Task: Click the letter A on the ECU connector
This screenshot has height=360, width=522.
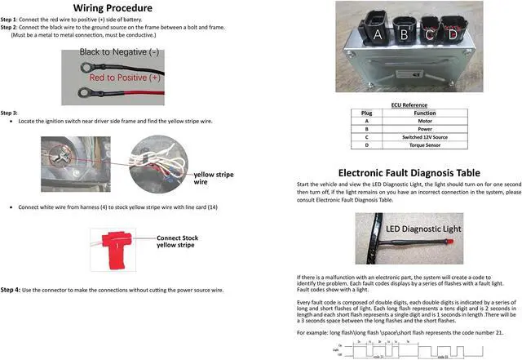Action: coord(378,35)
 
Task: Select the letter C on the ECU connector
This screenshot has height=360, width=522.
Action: coord(429,35)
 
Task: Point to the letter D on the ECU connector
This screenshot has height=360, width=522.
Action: coord(453,35)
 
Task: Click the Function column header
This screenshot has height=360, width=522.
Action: coord(424,112)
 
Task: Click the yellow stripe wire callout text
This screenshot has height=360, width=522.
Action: coord(215,179)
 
